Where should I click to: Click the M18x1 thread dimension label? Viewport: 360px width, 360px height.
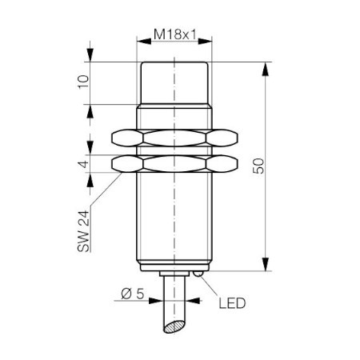tap(175, 34)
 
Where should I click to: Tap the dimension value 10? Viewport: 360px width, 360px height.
tap(83, 82)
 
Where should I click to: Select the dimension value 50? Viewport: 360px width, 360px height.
tap(258, 166)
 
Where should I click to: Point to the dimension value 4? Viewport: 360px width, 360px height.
tap(84, 164)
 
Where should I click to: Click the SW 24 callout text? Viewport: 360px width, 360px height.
tap(83, 231)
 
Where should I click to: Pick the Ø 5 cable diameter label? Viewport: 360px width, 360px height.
tap(132, 294)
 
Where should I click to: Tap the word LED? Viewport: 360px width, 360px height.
tap(232, 303)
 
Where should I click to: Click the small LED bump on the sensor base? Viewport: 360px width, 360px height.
tap(198, 274)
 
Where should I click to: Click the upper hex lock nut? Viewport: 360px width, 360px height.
tap(174, 138)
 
